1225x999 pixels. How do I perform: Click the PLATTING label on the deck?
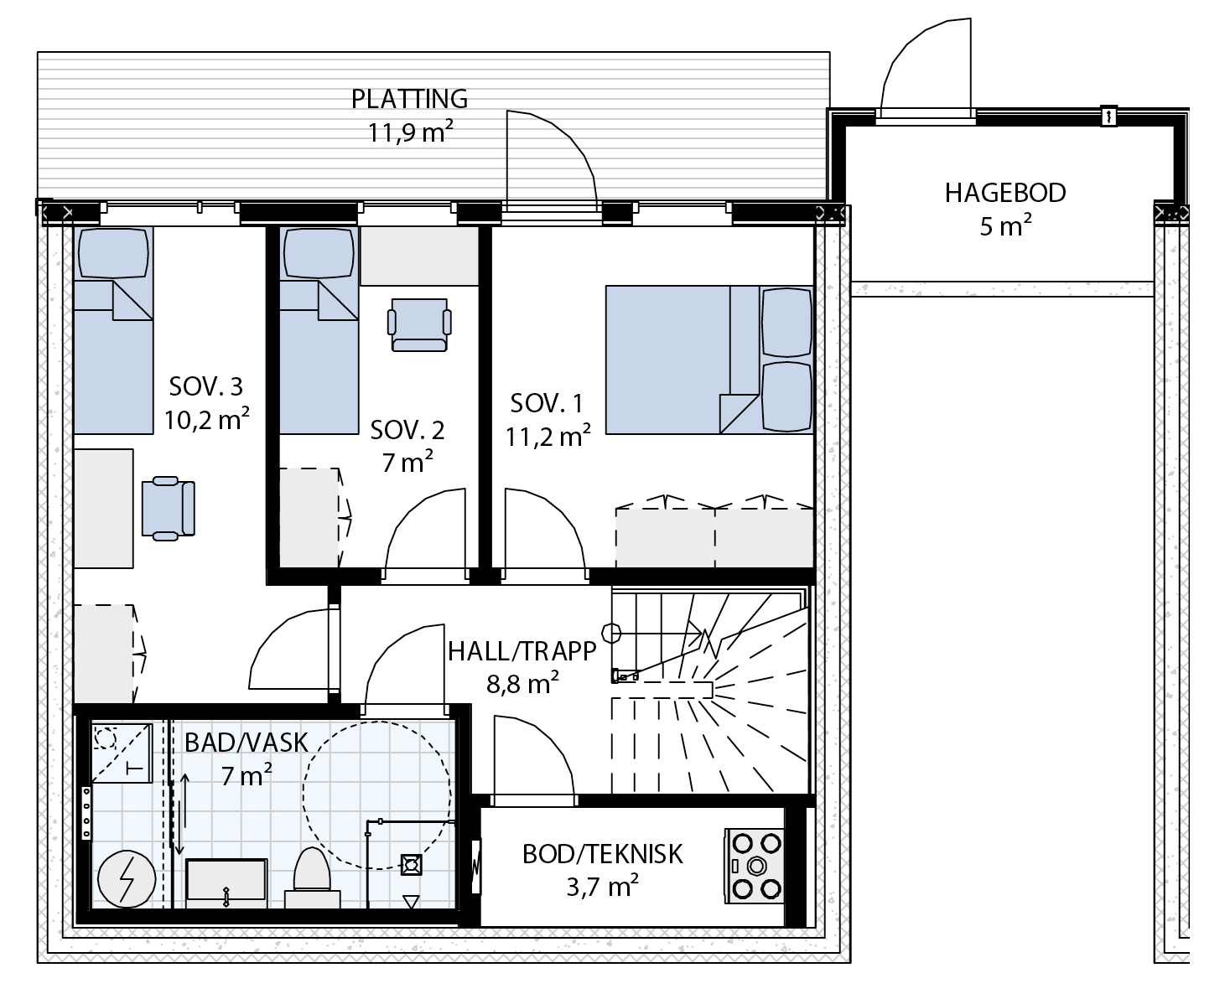pyautogui.click(x=409, y=99)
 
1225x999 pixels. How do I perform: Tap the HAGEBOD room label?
pyautogui.click(x=1004, y=194)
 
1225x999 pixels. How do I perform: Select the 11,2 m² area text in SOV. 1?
pyautogui.click(x=548, y=436)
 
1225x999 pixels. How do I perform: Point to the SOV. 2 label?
pyautogui.click(x=407, y=430)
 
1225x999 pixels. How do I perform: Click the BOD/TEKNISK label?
pyautogui.click(x=602, y=854)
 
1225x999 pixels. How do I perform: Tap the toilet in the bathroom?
pyautogui.click(x=312, y=877)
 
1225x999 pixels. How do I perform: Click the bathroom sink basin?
pyautogui.click(x=226, y=883)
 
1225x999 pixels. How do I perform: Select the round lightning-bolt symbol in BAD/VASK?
pyautogui.click(x=127, y=879)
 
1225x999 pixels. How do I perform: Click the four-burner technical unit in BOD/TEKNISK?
pyautogui.click(x=754, y=866)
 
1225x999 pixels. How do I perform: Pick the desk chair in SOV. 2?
pyautogui.click(x=419, y=324)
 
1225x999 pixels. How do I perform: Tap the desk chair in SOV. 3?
pyautogui.click(x=168, y=509)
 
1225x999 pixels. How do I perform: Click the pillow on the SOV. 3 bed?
pyautogui.click(x=113, y=253)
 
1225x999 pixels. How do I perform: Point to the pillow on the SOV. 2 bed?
pyautogui.click(x=319, y=253)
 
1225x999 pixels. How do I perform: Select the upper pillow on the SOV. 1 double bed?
pyautogui.click(x=786, y=322)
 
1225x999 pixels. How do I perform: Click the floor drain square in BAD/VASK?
pyautogui.click(x=411, y=865)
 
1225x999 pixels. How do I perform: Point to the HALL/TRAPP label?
pyautogui.click(x=522, y=651)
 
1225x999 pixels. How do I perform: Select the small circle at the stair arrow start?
pyautogui.click(x=611, y=633)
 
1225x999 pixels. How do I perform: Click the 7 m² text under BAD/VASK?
pyautogui.click(x=247, y=775)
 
